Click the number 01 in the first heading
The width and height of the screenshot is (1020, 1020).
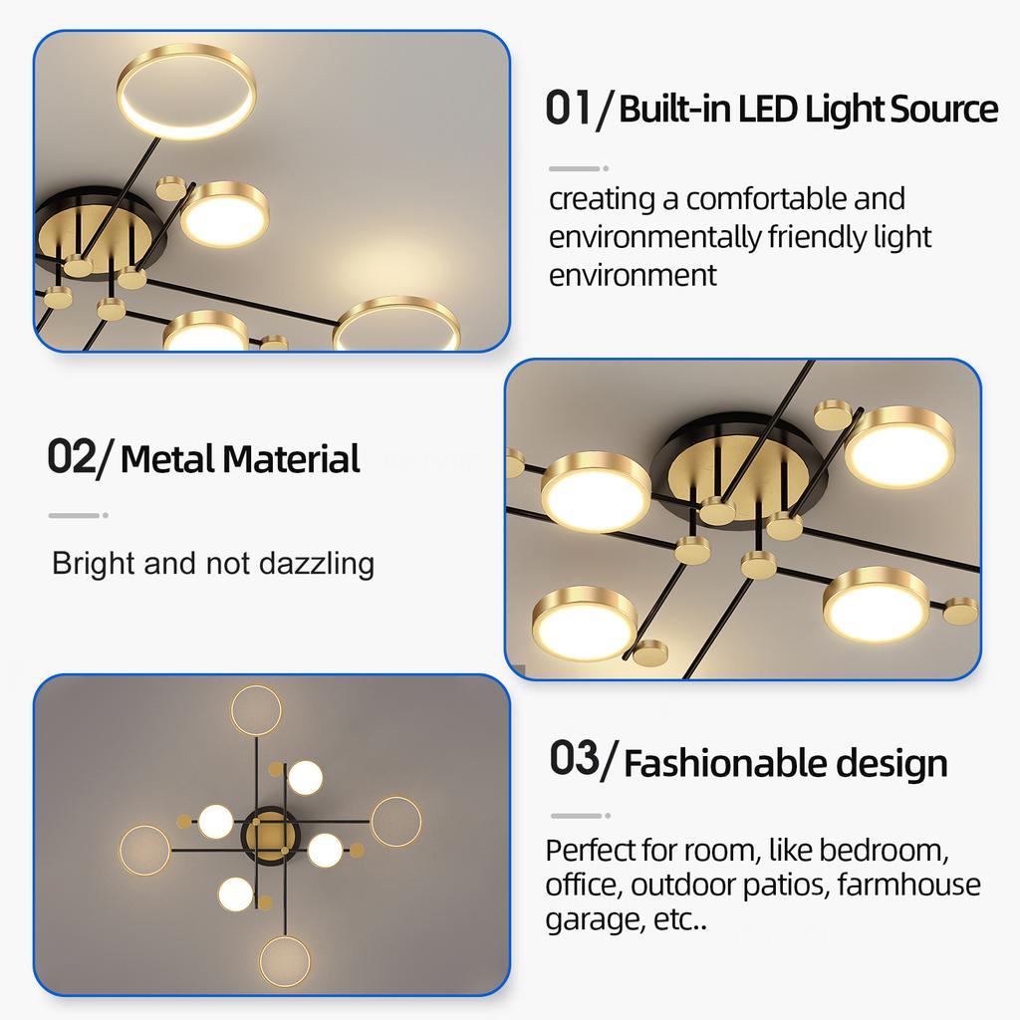pos(569,108)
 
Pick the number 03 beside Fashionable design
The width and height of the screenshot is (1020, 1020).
pos(575,758)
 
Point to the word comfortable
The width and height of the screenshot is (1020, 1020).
pos(766,198)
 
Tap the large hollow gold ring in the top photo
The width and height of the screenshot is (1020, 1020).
pos(186,93)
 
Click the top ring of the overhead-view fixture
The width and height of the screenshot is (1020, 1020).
pos(256,709)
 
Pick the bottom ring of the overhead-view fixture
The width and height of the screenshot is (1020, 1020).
pos(285,960)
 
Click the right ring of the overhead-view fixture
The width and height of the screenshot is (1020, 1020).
pos(395,821)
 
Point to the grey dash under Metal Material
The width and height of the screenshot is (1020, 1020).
pos(76,515)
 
